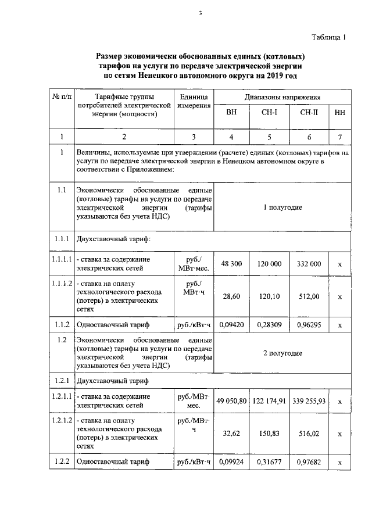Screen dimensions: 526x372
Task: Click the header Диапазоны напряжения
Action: tap(282, 96)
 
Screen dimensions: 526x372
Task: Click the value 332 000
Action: tap(309, 264)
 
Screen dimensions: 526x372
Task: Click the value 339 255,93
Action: tap(309, 401)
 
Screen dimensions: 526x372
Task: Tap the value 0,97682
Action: tap(309, 463)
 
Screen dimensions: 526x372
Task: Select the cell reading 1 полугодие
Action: tap(282, 207)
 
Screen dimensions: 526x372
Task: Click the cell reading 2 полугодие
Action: tap(282, 353)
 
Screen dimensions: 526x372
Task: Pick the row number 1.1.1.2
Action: tap(60, 284)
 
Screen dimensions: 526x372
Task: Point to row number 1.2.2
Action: tap(60, 462)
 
